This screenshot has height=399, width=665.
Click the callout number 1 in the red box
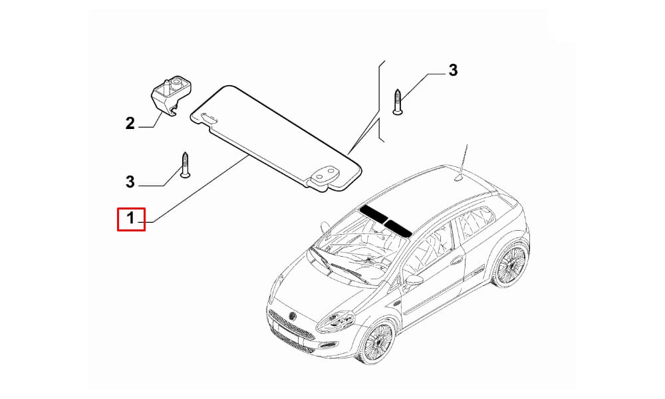(x=130, y=218)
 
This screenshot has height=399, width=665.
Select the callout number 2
(x=130, y=124)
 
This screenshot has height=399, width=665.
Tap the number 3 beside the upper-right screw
(x=453, y=70)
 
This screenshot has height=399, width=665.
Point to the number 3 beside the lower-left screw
(x=130, y=182)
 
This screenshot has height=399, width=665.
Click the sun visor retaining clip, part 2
(x=171, y=95)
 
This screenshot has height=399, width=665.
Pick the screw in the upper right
(x=397, y=102)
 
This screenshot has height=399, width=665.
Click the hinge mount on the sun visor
(x=325, y=176)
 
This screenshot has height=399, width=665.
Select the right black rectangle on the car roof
(x=398, y=227)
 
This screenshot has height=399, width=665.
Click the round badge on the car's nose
(x=292, y=316)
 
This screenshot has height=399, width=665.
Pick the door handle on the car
(x=456, y=259)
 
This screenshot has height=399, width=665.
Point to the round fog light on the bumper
(x=328, y=344)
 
